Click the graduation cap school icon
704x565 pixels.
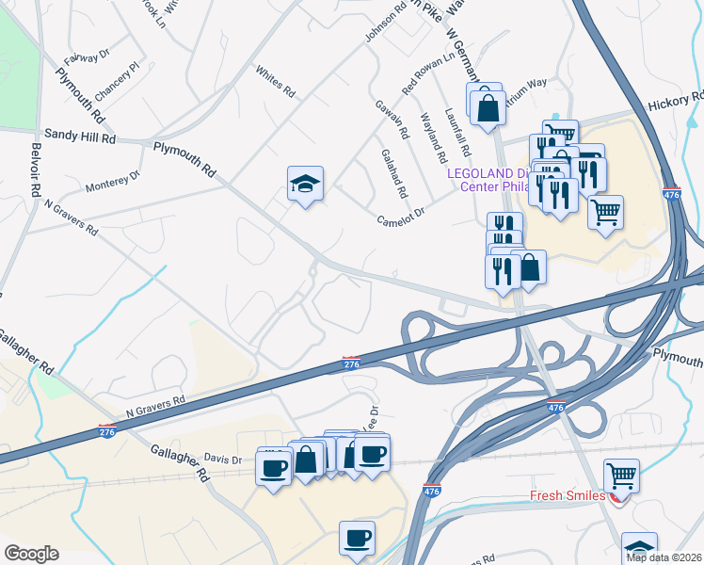[x=305, y=184]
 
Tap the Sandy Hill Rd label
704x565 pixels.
[x=83, y=137]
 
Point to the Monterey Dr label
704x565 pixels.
[x=112, y=181]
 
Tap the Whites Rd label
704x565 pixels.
[x=276, y=82]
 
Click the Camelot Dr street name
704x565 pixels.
[x=402, y=218]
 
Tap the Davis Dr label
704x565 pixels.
[x=223, y=460]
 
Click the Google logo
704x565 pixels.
[x=31, y=553]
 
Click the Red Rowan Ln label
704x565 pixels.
[x=427, y=71]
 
